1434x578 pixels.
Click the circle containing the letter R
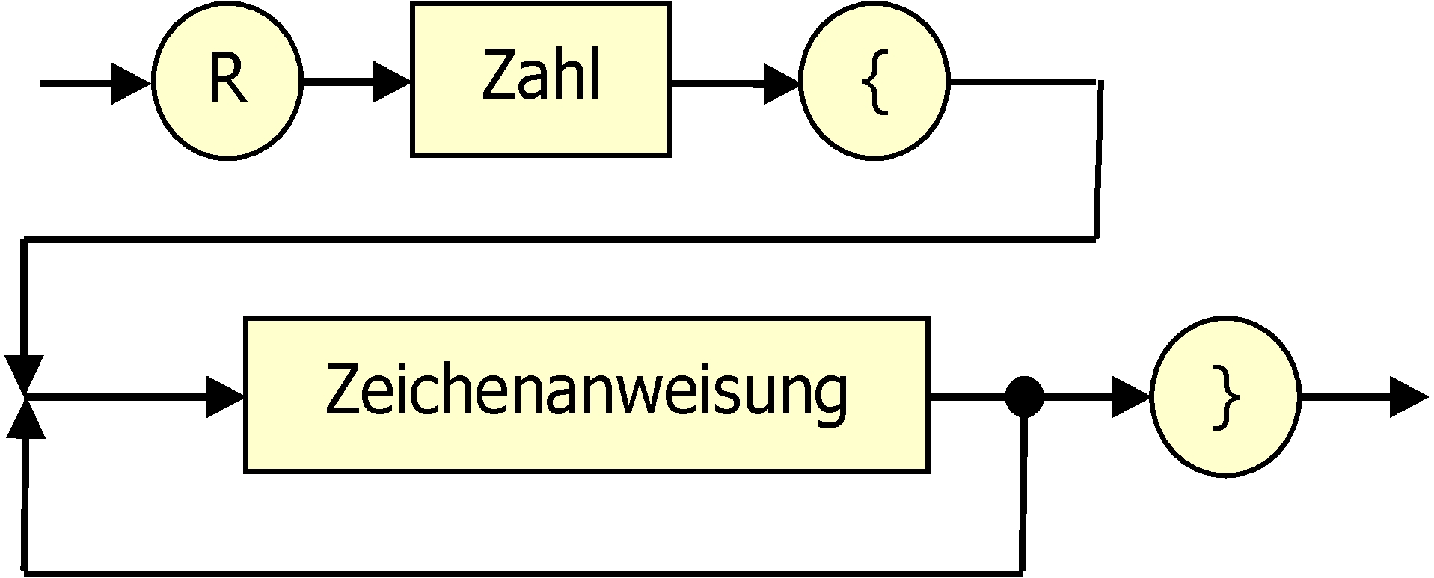point(227,82)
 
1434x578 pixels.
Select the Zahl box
point(540,79)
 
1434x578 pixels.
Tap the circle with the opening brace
point(874,82)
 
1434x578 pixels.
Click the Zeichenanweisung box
point(586,395)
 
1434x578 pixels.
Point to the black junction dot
point(1024,397)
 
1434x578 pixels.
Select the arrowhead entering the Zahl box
point(390,82)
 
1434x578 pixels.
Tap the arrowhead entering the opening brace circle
point(781,84)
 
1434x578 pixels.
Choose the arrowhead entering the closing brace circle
point(1130,398)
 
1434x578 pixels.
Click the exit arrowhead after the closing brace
point(1408,398)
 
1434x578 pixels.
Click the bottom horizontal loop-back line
point(524,573)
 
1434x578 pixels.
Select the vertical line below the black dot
point(1023,494)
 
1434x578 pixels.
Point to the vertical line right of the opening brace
point(1098,161)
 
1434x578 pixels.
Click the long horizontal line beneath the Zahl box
point(561,239)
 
